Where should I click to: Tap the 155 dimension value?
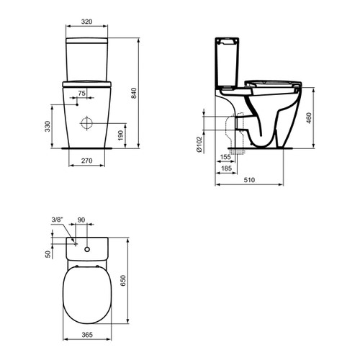click(x=225, y=157)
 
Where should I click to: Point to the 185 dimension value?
click(x=226, y=168)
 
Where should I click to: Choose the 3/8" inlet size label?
click(x=57, y=221)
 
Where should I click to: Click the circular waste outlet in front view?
click(x=88, y=122)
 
